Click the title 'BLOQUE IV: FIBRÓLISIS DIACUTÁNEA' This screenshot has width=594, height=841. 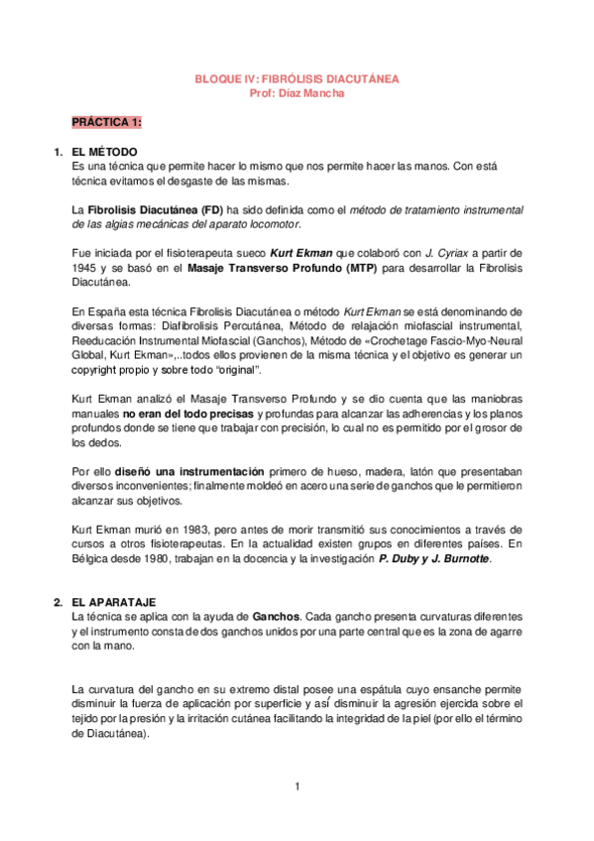pos(297,78)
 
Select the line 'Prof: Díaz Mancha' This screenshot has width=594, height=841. pos(297,92)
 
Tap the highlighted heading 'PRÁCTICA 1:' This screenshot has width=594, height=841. pos(106,122)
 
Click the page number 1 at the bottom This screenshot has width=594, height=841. pos(297,787)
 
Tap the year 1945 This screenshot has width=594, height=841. pos(85,270)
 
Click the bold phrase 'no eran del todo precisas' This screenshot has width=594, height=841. pos(188,413)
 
